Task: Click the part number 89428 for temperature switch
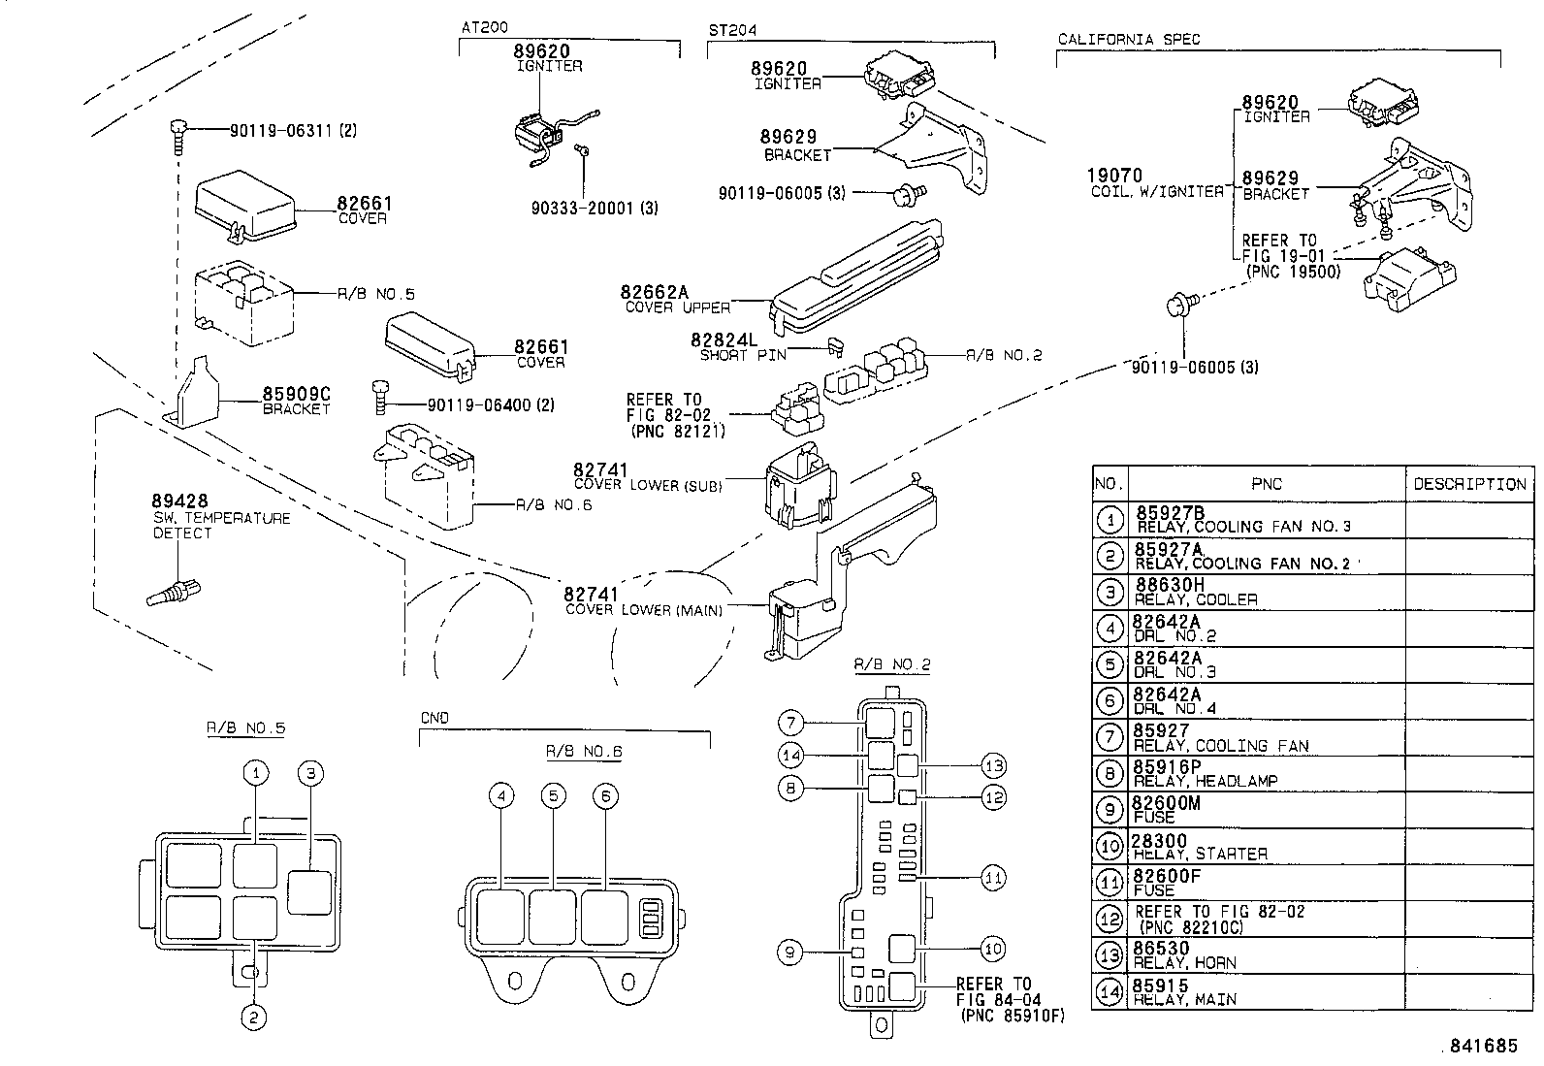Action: [x=179, y=501]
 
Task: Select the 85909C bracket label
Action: [x=297, y=395]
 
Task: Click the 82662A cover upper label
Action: [x=654, y=293]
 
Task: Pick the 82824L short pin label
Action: [x=723, y=340]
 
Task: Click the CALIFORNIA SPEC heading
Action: [x=1128, y=40]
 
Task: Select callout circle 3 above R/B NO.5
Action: [x=309, y=773]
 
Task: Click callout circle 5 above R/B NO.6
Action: [x=553, y=796]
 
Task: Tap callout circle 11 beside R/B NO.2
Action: [x=993, y=878]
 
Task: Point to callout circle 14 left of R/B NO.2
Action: [x=790, y=756]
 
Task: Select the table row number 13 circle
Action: [x=1110, y=955]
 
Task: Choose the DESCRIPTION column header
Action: [x=1468, y=484]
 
